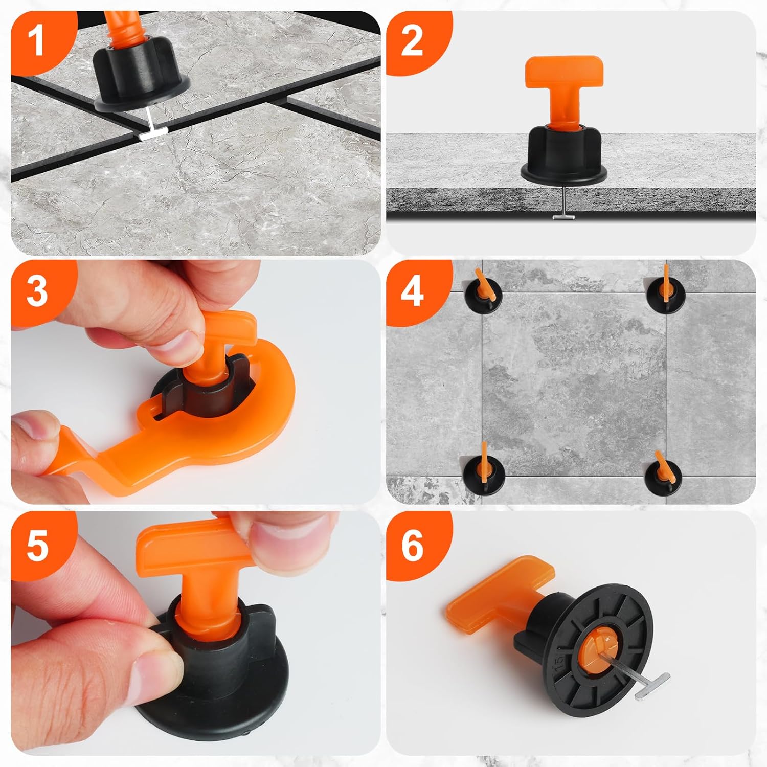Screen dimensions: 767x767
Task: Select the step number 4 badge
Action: pyautogui.click(x=412, y=291)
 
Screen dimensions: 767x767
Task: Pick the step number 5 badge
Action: pyautogui.click(x=37, y=545)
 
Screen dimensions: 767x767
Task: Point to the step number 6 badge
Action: pyautogui.click(x=412, y=545)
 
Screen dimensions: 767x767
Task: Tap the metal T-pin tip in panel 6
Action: pyautogui.click(x=652, y=685)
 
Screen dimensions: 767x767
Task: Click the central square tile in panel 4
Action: pyautogui.click(x=574, y=385)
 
